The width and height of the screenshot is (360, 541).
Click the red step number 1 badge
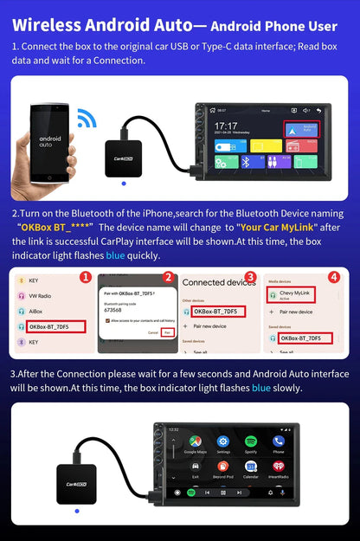coord(85,278)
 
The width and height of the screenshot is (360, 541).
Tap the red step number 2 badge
coord(169,278)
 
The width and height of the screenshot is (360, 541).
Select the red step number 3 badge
coord(250,278)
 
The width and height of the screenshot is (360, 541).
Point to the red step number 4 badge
coord(334,278)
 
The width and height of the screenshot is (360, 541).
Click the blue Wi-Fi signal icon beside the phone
coord(87,118)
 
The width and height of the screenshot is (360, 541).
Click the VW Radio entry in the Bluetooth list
coord(42,296)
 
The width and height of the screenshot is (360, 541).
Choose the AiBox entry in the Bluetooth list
coord(38,311)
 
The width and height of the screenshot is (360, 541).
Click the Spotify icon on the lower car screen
coord(251,445)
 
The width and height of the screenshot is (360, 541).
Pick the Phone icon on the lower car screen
coord(278,445)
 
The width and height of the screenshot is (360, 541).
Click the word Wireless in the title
coord(45,27)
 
